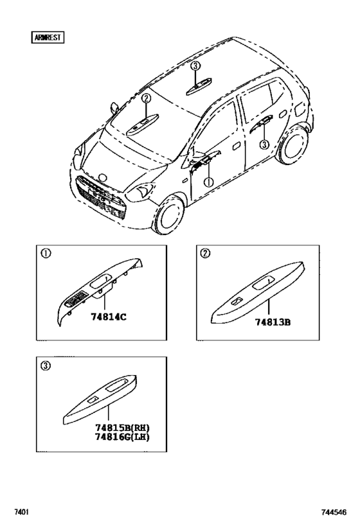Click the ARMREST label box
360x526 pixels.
(x=48, y=37)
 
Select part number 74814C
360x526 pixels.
(x=109, y=317)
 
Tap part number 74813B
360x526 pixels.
(x=273, y=322)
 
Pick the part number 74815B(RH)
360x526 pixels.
(x=122, y=428)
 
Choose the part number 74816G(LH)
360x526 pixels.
(x=122, y=437)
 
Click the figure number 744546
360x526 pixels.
(x=334, y=512)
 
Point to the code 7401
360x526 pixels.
(x=21, y=512)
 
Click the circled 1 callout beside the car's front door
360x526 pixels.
(x=208, y=182)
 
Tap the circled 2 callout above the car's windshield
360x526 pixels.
(x=146, y=99)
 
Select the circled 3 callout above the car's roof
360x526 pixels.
(x=195, y=66)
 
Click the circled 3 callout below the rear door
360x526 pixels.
(x=265, y=145)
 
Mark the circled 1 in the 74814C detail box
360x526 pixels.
(x=46, y=253)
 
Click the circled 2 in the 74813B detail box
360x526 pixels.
(x=205, y=253)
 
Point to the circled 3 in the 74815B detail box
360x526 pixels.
(x=46, y=365)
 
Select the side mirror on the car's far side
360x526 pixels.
(x=114, y=108)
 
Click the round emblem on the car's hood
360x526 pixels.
(x=102, y=178)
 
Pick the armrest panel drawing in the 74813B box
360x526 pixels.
(x=257, y=292)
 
